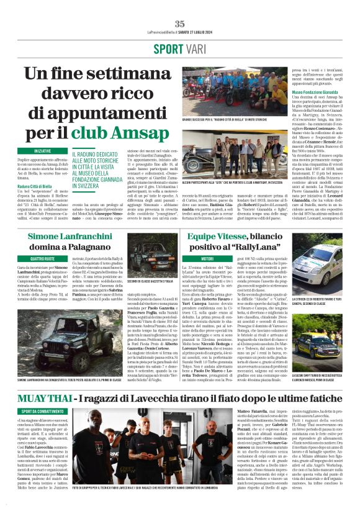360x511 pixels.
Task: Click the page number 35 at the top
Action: coord(180,24)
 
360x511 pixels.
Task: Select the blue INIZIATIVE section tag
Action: coord(43,151)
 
